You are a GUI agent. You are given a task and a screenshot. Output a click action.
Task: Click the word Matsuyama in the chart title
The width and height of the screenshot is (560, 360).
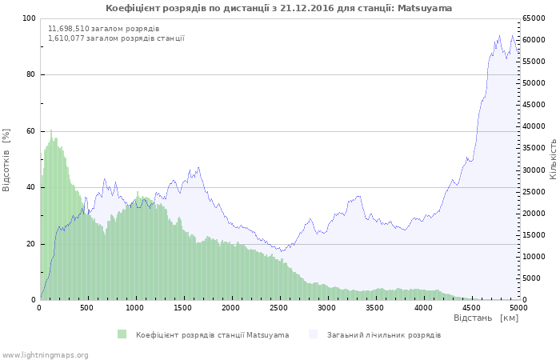(x=424, y=8)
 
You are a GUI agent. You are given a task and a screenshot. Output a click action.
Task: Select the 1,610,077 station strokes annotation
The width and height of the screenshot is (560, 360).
(x=116, y=38)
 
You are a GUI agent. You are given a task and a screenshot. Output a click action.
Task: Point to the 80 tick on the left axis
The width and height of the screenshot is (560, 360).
(x=31, y=74)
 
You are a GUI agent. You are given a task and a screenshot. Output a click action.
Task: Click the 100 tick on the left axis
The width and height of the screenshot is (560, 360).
(x=29, y=18)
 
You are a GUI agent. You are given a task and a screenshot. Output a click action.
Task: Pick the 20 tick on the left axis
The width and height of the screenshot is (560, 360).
(x=31, y=244)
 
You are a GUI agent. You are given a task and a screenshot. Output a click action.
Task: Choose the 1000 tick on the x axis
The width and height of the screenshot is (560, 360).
(x=135, y=307)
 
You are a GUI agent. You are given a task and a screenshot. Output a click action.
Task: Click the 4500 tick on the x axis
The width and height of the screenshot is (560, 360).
(x=470, y=307)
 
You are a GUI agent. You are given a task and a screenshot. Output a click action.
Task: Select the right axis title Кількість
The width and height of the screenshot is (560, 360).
(x=553, y=158)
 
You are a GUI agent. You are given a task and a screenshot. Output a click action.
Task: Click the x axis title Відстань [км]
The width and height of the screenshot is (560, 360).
(x=486, y=318)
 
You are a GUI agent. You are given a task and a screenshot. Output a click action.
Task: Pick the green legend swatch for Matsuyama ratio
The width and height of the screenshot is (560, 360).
(x=122, y=334)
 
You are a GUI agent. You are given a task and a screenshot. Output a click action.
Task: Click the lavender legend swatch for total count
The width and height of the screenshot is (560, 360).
(x=313, y=334)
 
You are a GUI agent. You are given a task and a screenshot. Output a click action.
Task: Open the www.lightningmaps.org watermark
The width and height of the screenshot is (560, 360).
(x=45, y=354)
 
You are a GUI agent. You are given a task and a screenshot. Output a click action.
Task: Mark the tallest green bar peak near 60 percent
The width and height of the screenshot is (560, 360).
(x=51, y=131)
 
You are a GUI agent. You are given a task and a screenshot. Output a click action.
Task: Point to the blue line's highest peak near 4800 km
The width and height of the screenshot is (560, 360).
(x=500, y=36)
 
